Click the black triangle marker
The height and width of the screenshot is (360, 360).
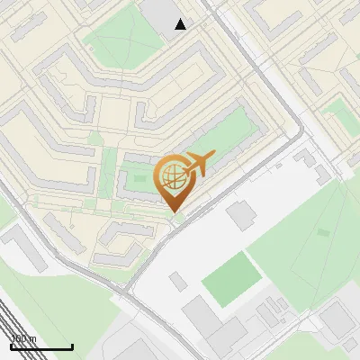181,24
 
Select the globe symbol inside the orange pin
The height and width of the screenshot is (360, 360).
171,177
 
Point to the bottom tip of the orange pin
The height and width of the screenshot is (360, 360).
174,212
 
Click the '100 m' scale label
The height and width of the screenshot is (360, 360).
23,338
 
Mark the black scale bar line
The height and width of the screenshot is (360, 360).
41,346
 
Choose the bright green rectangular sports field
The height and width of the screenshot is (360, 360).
229,277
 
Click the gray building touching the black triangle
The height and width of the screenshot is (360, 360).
163,14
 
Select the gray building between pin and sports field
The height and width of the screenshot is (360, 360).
241,215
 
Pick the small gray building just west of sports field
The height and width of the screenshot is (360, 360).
178,282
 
